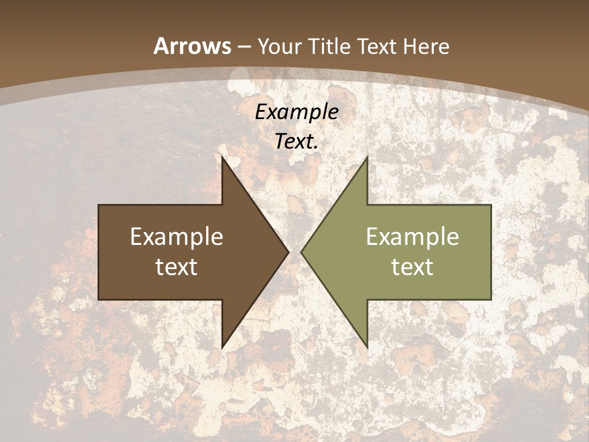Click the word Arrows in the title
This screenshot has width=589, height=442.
click(x=193, y=46)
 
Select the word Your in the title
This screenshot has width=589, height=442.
click(x=279, y=47)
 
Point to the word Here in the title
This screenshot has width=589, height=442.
click(x=428, y=47)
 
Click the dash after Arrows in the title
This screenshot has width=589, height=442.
click(x=245, y=47)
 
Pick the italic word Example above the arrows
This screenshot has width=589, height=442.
click(x=296, y=112)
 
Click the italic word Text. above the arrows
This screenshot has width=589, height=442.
click(x=296, y=141)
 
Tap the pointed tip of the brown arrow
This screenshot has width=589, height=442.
click(x=288, y=252)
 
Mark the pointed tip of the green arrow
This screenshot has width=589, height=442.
click(x=302, y=252)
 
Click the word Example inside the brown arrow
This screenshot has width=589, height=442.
click(x=177, y=237)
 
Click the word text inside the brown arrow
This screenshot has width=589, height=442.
click(x=177, y=266)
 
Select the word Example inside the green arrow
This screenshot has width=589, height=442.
click(x=412, y=237)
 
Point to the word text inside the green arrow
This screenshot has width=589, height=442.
click(x=412, y=266)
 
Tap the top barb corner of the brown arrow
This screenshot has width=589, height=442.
click(x=223, y=158)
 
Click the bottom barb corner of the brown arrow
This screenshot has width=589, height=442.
click(x=223, y=346)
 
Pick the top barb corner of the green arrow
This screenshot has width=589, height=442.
click(x=366, y=158)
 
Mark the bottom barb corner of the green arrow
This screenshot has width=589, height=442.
click(x=366, y=346)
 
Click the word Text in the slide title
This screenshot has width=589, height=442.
click(x=377, y=47)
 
